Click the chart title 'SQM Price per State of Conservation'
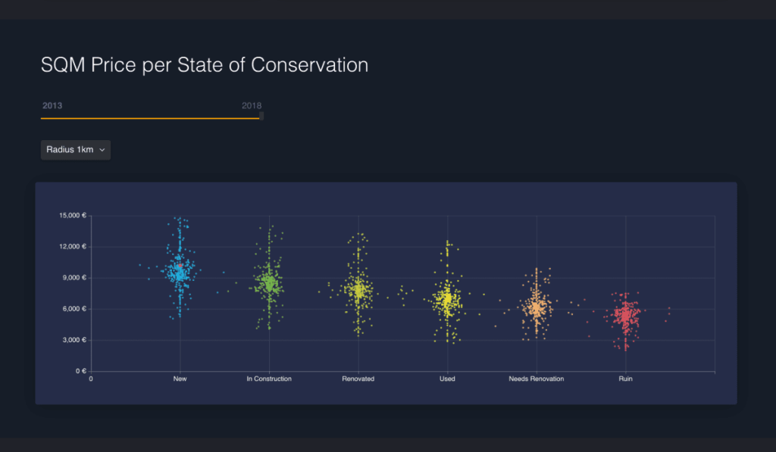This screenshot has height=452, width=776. tap(205, 65)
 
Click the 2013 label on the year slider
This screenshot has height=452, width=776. tap(52, 105)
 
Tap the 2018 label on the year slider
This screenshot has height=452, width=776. tap(252, 105)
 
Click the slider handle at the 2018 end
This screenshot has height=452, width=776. tap(261, 116)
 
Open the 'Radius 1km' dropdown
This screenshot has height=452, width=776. tap(75, 150)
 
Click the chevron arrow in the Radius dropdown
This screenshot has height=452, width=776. tap(102, 150)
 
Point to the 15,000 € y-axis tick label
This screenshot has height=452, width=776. tap(73, 216)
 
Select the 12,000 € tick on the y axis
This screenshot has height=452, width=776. tap(73, 247)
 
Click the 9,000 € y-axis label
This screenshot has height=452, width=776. tap(74, 278)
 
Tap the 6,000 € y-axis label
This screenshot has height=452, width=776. tap(74, 309)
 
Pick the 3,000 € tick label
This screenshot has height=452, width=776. tap(74, 340)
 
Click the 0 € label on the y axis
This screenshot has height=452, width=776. tap(80, 371)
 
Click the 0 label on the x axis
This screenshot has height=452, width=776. tap(91, 379)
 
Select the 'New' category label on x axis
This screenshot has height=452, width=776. tap(180, 379)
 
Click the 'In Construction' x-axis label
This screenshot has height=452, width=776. tap(269, 379)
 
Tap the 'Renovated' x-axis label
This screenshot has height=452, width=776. tap(358, 379)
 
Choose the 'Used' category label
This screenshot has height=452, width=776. tap(447, 379)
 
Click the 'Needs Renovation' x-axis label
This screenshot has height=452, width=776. tap(536, 379)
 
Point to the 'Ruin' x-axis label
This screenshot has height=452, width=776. tap(625, 379)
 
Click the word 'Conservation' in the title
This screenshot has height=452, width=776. tap(309, 65)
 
